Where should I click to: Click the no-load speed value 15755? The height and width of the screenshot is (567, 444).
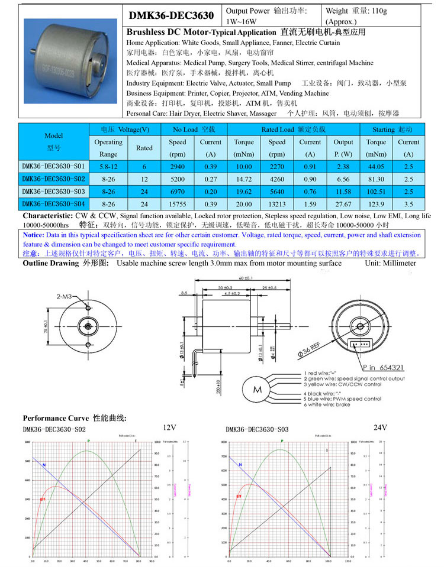[x=177, y=203]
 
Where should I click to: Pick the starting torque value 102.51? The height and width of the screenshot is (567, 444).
[x=376, y=191]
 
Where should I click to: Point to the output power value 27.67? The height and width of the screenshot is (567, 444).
[x=343, y=203]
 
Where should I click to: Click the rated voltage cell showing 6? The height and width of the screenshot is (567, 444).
[x=144, y=167]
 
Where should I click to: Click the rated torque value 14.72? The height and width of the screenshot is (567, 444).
[x=244, y=179]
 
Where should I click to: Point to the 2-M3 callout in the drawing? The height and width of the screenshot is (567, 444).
[x=65, y=296]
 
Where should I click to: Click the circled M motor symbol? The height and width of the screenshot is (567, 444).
[x=258, y=390]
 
